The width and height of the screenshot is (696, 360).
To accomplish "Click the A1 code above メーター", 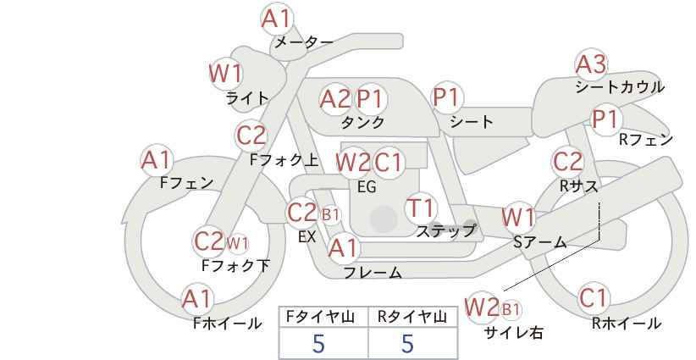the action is click(x=277, y=19).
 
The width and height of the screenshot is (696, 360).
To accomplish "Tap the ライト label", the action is click(x=247, y=98).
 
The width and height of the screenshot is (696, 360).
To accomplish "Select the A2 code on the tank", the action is click(x=335, y=99).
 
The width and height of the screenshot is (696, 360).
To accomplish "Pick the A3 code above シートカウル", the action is click(x=591, y=64).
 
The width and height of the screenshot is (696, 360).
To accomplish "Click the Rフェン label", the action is click(x=646, y=140).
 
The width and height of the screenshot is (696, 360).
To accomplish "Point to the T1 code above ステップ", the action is click(x=420, y=208).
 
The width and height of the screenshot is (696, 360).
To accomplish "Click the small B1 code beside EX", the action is click(x=331, y=216).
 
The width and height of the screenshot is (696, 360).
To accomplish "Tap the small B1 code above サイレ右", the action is click(x=511, y=309).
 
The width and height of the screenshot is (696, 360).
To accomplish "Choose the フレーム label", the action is click(x=373, y=273).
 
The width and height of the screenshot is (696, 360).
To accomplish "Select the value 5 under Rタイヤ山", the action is click(x=407, y=343).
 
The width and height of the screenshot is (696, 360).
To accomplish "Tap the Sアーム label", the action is click(x=539, y=242).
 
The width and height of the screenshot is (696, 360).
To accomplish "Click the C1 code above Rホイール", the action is click(x=593, y=298).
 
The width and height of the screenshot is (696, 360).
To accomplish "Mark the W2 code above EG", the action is click(x=353, y=163).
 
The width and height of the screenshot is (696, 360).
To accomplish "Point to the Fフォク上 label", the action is click(x=284, y=160).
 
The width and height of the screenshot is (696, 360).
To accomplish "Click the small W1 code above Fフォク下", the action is click(x=237, y=243).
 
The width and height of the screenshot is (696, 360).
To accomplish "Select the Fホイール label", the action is click(x=227, y=324).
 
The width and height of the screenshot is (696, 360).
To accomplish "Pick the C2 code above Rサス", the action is click(x=567, y=162).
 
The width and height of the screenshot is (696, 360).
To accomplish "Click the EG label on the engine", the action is click(x=367, y=186).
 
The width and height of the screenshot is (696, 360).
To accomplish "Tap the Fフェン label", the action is click(x=186, y=182).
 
